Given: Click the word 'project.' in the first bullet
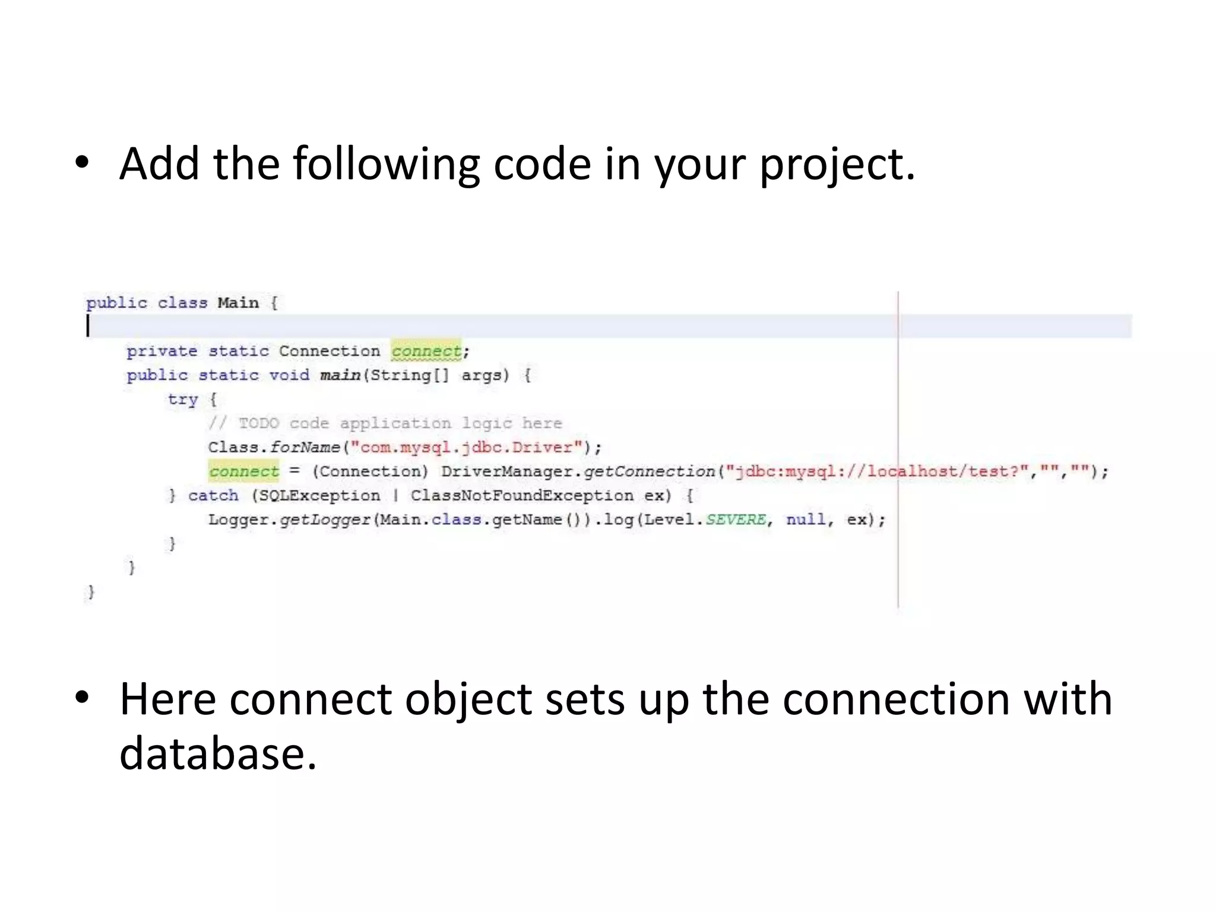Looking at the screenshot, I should point(837,164).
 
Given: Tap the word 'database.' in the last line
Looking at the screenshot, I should point(218,753).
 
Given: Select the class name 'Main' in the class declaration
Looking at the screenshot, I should point(238,303).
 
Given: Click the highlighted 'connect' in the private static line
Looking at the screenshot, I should point(426,351).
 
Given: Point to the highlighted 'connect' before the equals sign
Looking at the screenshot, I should point(243,471).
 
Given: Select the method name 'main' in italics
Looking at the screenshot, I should point(340,375).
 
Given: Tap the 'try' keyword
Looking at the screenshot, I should point(182,400).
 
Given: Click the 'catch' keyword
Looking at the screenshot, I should point(213,496).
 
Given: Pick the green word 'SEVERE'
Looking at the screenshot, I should point(736,520).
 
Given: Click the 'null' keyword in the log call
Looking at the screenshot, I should point(806,520).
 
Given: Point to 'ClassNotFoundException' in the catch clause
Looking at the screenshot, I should point(522,496).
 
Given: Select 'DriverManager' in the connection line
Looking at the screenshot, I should point(506,471).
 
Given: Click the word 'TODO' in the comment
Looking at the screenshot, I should point(258,423).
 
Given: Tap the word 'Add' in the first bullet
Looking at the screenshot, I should point(159,164).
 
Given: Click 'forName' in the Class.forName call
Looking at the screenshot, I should point(305,447).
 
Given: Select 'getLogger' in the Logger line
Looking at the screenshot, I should point(325,520).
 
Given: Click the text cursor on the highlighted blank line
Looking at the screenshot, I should point(88,326).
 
